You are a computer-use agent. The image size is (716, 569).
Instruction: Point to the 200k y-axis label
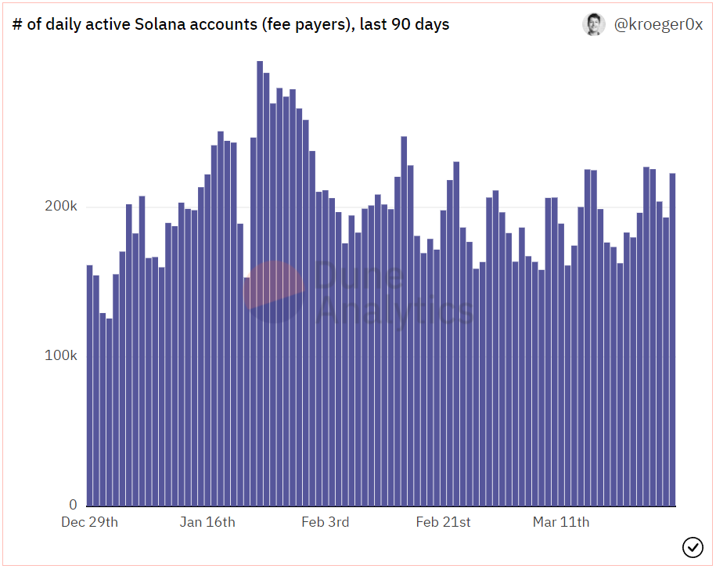61,207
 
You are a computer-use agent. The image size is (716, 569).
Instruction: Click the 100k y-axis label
61,355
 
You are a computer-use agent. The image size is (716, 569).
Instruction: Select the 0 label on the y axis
72,505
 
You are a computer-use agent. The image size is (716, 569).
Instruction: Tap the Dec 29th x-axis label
89,522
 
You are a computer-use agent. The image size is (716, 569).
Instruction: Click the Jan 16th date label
207,522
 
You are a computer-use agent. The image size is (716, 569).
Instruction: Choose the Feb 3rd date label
325,522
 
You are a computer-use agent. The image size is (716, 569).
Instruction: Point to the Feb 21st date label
443,522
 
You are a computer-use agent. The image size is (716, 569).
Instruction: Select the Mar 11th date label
560,522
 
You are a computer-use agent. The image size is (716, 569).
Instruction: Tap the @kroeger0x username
658,24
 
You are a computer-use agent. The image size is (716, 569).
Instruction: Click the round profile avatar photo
594,24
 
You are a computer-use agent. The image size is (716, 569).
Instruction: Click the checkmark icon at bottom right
693,547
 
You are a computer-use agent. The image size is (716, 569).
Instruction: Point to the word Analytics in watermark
395,311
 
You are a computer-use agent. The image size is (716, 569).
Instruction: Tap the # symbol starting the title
17,24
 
